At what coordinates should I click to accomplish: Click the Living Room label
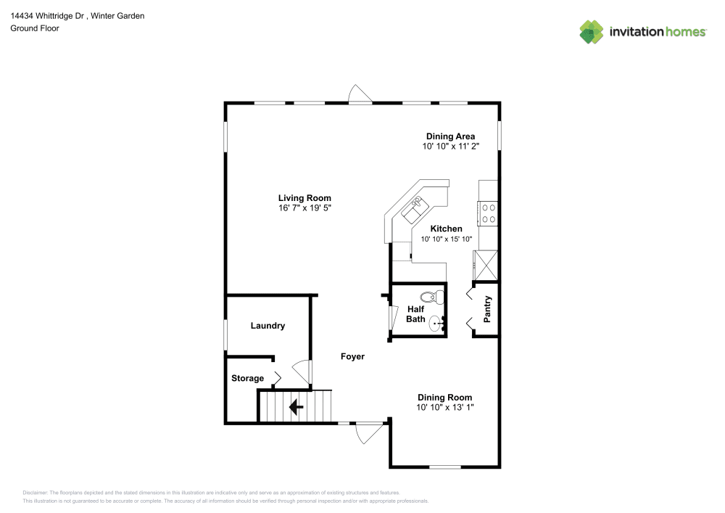click(x=304, y=198)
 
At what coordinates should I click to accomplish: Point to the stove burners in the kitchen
click(x=488, y=213)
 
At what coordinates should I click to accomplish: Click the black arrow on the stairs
click(x=296, y=407)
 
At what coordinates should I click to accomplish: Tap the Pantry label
click(x=488, y=309)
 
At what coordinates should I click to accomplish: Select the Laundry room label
click(x=268, y=326)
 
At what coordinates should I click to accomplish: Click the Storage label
click(x=247, y=378)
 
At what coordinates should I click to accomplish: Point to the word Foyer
click(x=353, y=356)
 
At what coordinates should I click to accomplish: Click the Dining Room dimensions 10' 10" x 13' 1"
click(x=444, y=408)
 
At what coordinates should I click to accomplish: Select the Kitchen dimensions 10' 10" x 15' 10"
click(x=446, y=239)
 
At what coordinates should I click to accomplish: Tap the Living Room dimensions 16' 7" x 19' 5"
click(x=304, y=208)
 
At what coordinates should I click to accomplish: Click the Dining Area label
click(x=449, y=136)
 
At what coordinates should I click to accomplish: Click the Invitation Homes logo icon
click(x=592, y=31)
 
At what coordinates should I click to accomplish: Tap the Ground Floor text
click(x=34, y=28)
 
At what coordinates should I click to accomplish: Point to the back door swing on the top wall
click(x=360, y=94)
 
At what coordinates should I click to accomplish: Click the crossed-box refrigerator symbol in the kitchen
click(x=485, y=265)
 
